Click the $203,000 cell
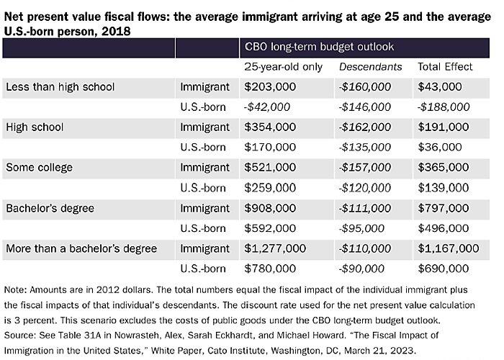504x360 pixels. click(270, 87)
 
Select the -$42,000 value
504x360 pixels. click(267, 107)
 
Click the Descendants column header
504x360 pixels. click(371, 67)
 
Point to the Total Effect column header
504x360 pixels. click(445, 67)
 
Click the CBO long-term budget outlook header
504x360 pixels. click(319, 47)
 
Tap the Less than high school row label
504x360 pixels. click(60, 87)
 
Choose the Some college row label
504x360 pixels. click(39, 168)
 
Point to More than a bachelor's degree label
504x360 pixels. click(81, 249)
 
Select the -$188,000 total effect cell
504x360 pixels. click(444, 107)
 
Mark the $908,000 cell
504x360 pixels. click(270, 208)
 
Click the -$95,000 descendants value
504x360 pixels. click(362, 229)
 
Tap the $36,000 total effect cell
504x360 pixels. click(438, 147)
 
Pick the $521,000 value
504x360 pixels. click(270, 168)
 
